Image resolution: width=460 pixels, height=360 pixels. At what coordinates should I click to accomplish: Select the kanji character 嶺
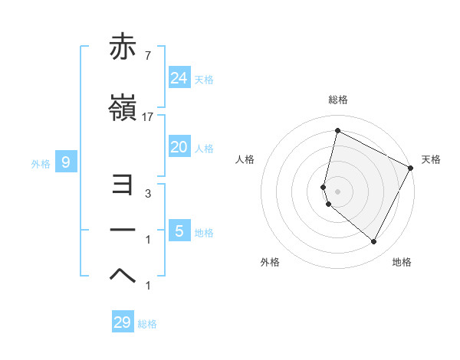tap(123, 108)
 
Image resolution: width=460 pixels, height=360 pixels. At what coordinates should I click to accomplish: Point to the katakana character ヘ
tap(123, 275)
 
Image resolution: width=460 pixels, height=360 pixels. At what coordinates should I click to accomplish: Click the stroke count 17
tap(148, 117)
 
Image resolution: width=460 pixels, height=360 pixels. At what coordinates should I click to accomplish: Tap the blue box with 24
tap(179, 78)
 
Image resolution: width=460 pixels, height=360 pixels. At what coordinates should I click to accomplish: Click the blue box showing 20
tap(179, 147)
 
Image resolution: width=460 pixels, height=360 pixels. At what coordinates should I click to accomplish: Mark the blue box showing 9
tap(66, 162)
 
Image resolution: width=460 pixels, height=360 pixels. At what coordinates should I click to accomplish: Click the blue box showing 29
tap(123, 322)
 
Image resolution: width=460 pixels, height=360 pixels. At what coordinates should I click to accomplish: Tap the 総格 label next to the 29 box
tap(147, 324)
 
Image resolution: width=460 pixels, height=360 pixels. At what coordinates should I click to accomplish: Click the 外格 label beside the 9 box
tap(41, 163)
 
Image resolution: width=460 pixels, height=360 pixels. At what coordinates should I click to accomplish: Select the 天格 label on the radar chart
tap(431, 159)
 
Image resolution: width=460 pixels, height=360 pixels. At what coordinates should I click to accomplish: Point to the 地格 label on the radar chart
tap(402, 262)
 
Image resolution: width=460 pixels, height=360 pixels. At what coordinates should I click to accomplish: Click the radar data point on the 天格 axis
tap(411, 168)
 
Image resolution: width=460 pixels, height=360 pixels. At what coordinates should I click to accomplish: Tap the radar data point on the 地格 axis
tap(374, 242)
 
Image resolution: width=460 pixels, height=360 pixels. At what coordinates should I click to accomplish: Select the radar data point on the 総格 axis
tap(337, 131)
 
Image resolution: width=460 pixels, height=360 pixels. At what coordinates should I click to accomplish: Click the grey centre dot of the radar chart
tap(337, 191)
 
